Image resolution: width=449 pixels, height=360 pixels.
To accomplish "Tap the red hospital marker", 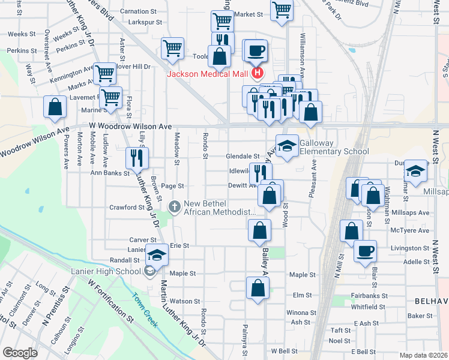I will pyautogui.click(x=258, y=74).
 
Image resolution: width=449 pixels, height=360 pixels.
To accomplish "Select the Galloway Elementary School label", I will pyautogui.click(x=334, y=147).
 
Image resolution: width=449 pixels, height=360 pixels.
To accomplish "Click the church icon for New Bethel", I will pyautogui.click(x=175, y=207).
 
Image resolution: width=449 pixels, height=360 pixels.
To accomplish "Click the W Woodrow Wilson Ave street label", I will pyautogui.click(x=130, y=126).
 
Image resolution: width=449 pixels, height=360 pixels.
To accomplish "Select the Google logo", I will pyautogui.click(x=20, y=353).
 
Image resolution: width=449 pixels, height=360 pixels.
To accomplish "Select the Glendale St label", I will pyautogui.click(x=242, y=156).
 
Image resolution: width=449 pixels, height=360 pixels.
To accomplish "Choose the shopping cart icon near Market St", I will pyautogui.click(x=282, y=10).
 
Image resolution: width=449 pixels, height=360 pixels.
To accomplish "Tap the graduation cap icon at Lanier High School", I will pyautogui.click(x=157, y=254).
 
